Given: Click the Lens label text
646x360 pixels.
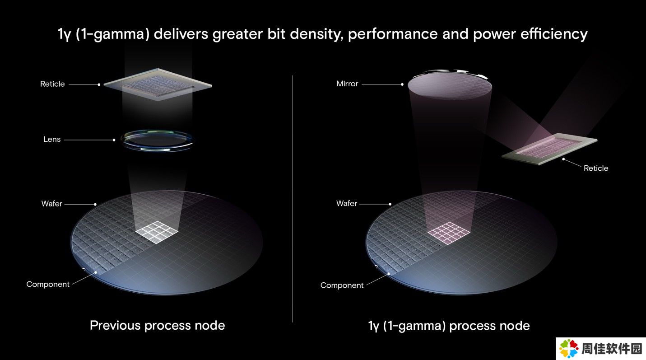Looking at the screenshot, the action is pyautogui.click(x=52, y=139).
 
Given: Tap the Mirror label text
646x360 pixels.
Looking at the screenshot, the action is pyautogui.click(x=347, y=84).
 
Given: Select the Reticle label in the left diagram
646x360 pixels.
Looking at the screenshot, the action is pyautogui.click(x=52, y=84).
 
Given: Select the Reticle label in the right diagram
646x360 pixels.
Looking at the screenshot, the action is pyautogui.click(x=596, y=168).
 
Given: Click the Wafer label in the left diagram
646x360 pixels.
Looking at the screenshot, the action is pyautogui.click(x=51, y=204).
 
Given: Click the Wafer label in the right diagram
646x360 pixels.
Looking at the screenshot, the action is pyautogui.click(x=347, y=203).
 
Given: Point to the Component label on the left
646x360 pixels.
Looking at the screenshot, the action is pyautogui.click(x=48, y=285).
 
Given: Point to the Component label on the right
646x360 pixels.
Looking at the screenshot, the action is pyautogui.click(x=342, y=285).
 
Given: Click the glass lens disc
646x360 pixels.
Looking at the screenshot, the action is pyautogui.click(x=157, y=140).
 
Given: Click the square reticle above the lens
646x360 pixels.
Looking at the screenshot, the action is pyautogui.click(x=158, y=84).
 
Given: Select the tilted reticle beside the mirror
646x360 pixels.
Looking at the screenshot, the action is pyautogui.click(x=549, y=149).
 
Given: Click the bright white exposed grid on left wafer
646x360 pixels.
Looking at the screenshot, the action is pyautogui.click(x=157, y=232).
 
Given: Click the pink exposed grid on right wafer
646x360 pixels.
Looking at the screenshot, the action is pyautogui.click(x=449, y=233).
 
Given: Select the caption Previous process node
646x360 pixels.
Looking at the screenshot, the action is pyautogui.click(x=158, y=325).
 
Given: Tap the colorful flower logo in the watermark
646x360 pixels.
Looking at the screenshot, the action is pyautogui.click(x=569, y=348).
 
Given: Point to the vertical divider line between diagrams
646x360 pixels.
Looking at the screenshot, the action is pyautogui.click(x=293, y=198).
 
